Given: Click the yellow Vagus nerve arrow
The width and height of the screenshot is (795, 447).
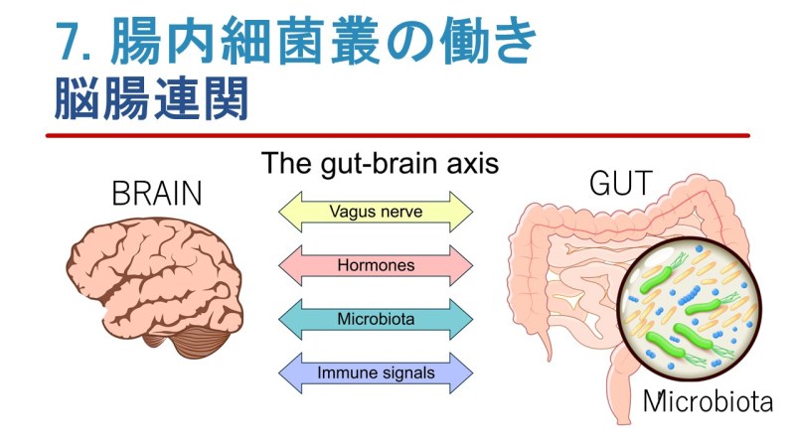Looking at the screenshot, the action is (376, 212).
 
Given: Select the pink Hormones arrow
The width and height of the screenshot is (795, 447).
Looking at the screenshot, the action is (376, 265).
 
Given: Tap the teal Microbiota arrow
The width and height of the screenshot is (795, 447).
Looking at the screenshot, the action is (376, 319).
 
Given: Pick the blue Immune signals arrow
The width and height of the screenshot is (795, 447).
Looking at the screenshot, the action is (376, 373).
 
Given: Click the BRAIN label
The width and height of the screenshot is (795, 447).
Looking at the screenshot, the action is (157, 193).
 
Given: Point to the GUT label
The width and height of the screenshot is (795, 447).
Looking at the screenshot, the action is (620, 183).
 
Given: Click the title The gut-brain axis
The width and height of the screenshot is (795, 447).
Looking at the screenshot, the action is (381, 164).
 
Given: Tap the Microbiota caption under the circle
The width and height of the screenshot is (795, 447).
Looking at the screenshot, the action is (708, 401).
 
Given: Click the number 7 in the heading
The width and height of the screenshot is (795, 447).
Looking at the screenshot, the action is (69, 42).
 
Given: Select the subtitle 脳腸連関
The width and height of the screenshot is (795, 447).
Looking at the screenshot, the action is (151, 98).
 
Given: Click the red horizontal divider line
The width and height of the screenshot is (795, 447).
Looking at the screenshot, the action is (398, 135).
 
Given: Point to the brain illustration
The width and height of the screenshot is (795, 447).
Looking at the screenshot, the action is (155, 287).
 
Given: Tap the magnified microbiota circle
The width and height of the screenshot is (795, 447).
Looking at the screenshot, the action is (689, 309).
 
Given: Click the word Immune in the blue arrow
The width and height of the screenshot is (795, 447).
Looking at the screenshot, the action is (346, 373).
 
